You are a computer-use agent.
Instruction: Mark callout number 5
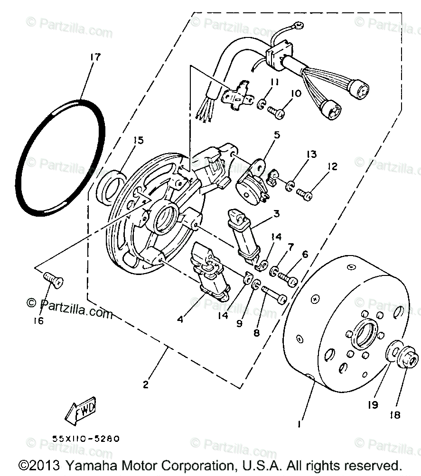(x=276, y=135)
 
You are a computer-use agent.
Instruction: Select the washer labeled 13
(x=290, y=185)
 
